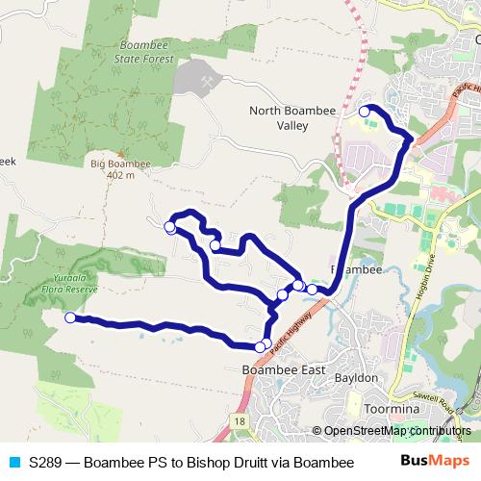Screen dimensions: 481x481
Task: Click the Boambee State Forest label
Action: coord(146,52)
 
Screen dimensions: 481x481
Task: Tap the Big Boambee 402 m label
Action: coord(121,169)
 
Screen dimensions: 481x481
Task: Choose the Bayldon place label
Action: coord(356,378)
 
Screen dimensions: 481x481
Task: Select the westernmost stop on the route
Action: coord(69,317)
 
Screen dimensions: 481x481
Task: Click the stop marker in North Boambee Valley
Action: coord(365,113)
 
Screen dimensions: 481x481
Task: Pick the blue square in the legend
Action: coord(13,463)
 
